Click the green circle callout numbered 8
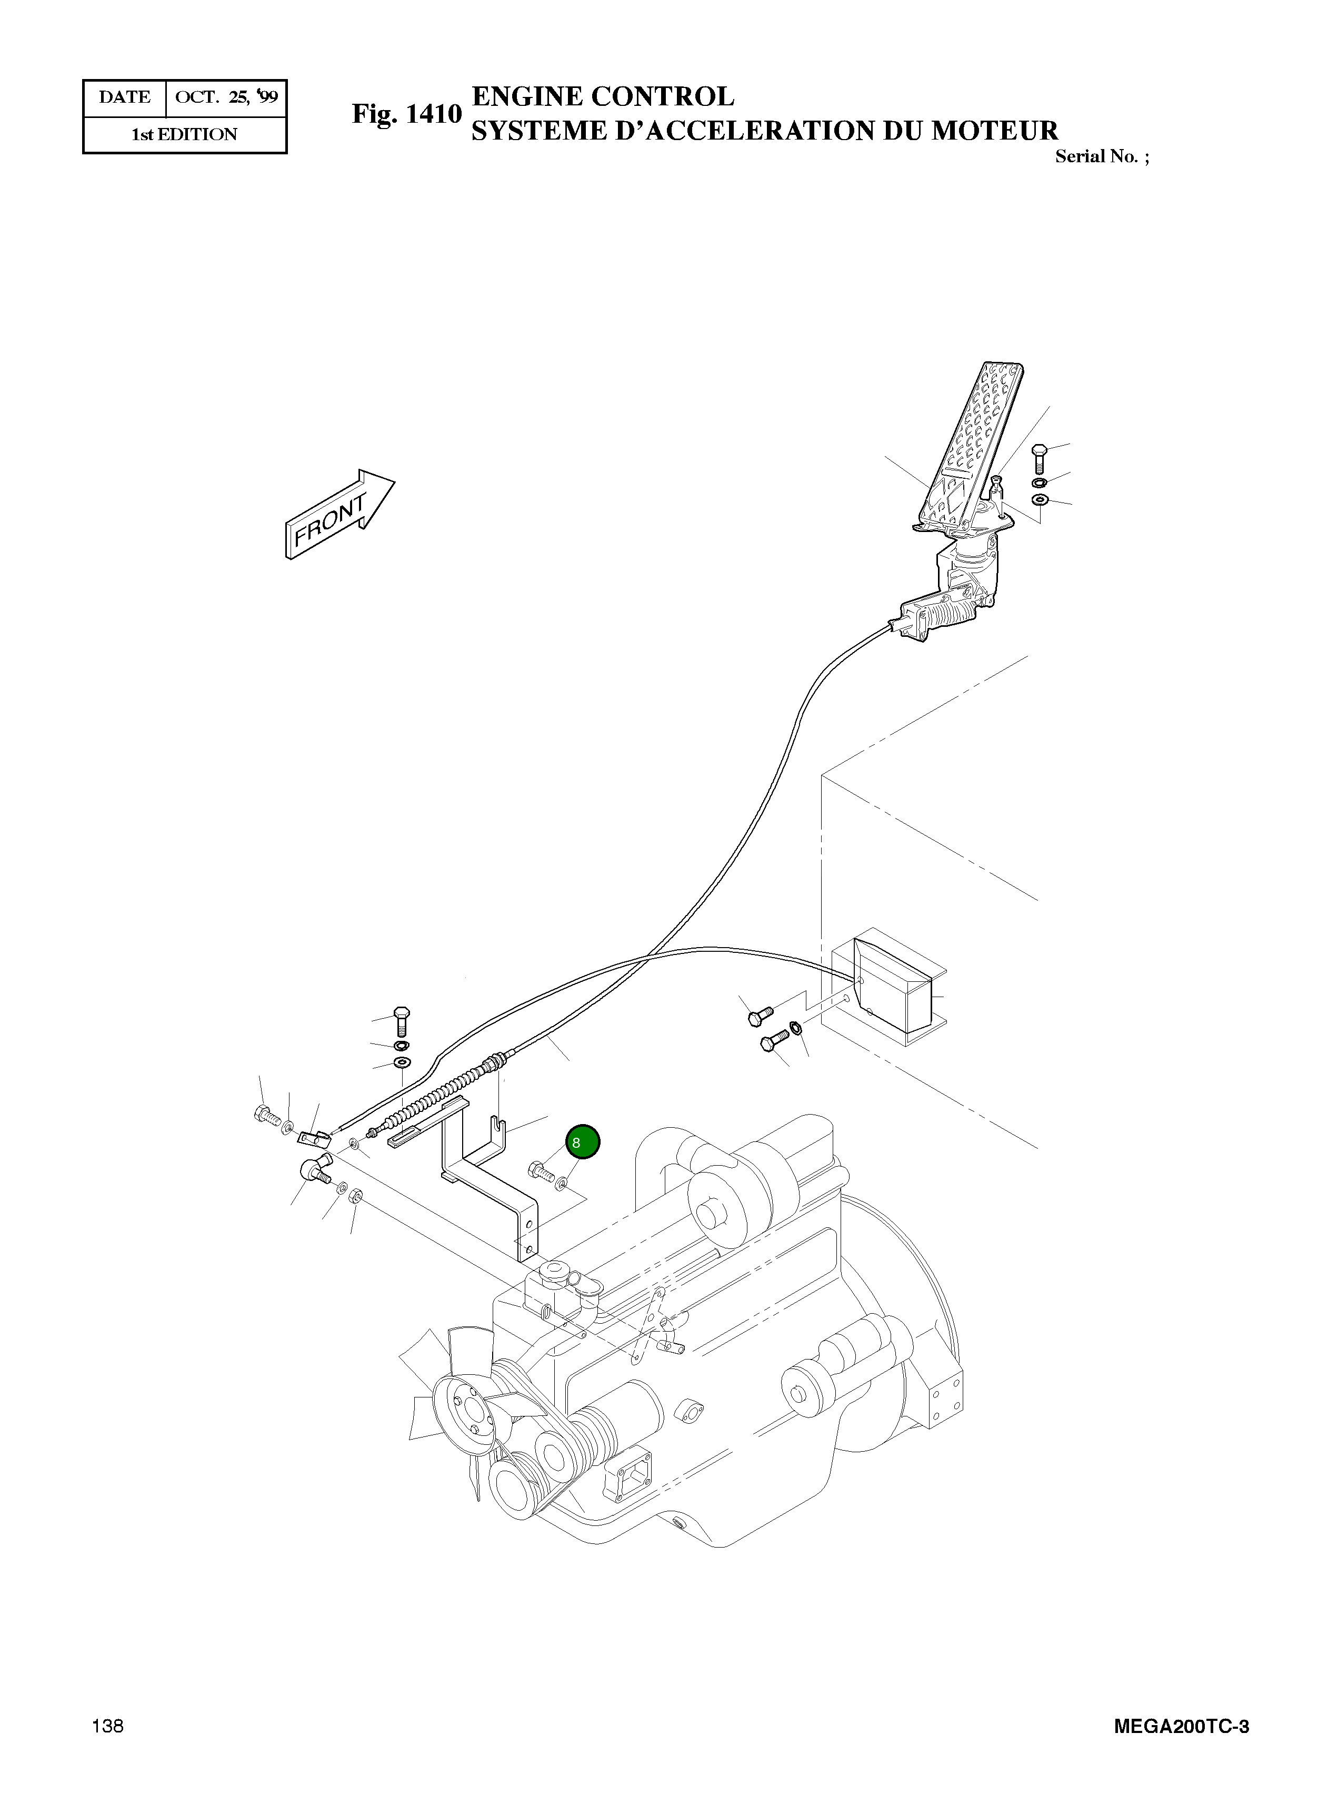coord(583,1142)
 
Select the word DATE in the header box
coord(125,97)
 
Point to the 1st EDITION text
coord(184,134)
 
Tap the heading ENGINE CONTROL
coord(602,96)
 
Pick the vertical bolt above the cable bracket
coord(401,1020)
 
